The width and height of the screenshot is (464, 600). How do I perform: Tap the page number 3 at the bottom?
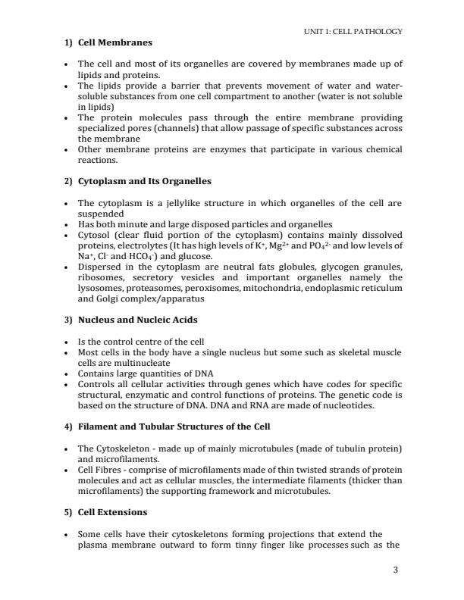click(x=396, y=570)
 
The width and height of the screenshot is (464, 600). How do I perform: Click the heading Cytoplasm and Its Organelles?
click(x=145, y=181)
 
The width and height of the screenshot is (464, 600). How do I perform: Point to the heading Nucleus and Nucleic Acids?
click(x=136, y=320)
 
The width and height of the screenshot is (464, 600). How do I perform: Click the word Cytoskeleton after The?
click(x=121, y=447)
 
